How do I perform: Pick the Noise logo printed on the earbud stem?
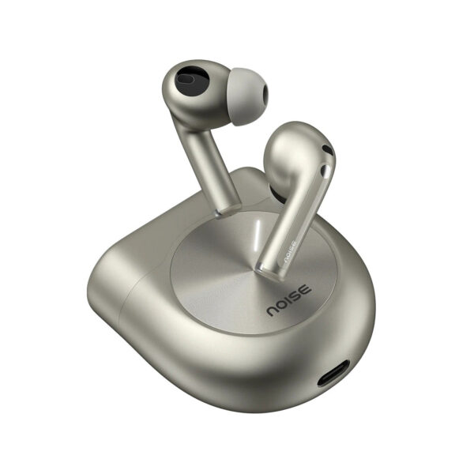pyautogui.click(x=289, y=247)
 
